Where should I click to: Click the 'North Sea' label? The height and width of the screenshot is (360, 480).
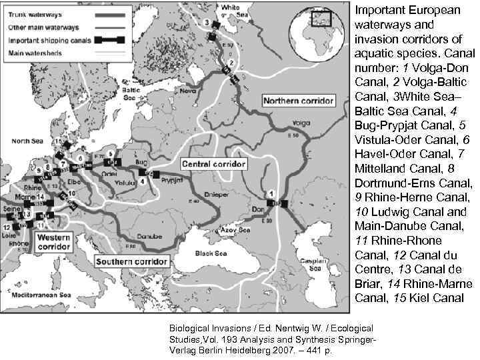point(27,141)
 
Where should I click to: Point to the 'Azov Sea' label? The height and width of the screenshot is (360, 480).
point(238,230)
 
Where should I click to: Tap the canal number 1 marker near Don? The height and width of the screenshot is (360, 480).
point(271,193)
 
